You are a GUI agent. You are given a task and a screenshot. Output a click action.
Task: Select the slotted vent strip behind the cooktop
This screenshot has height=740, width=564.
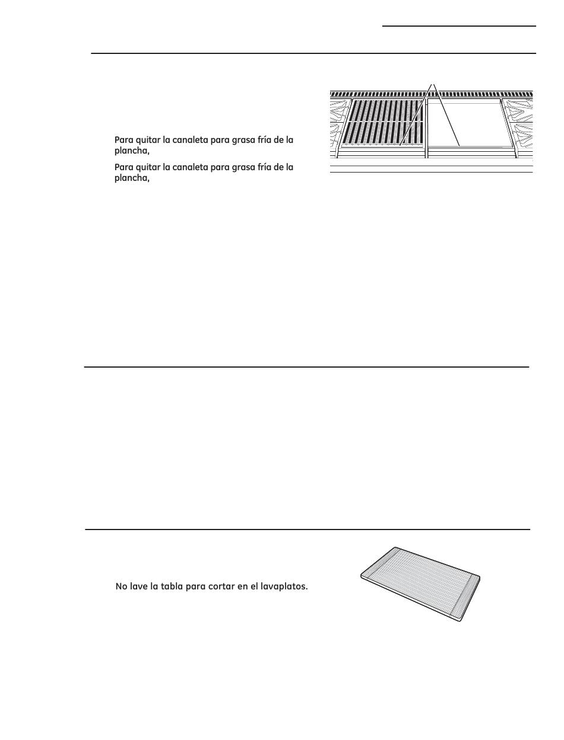(432, 94)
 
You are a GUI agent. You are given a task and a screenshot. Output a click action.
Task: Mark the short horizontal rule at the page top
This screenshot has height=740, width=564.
(459, 26)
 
